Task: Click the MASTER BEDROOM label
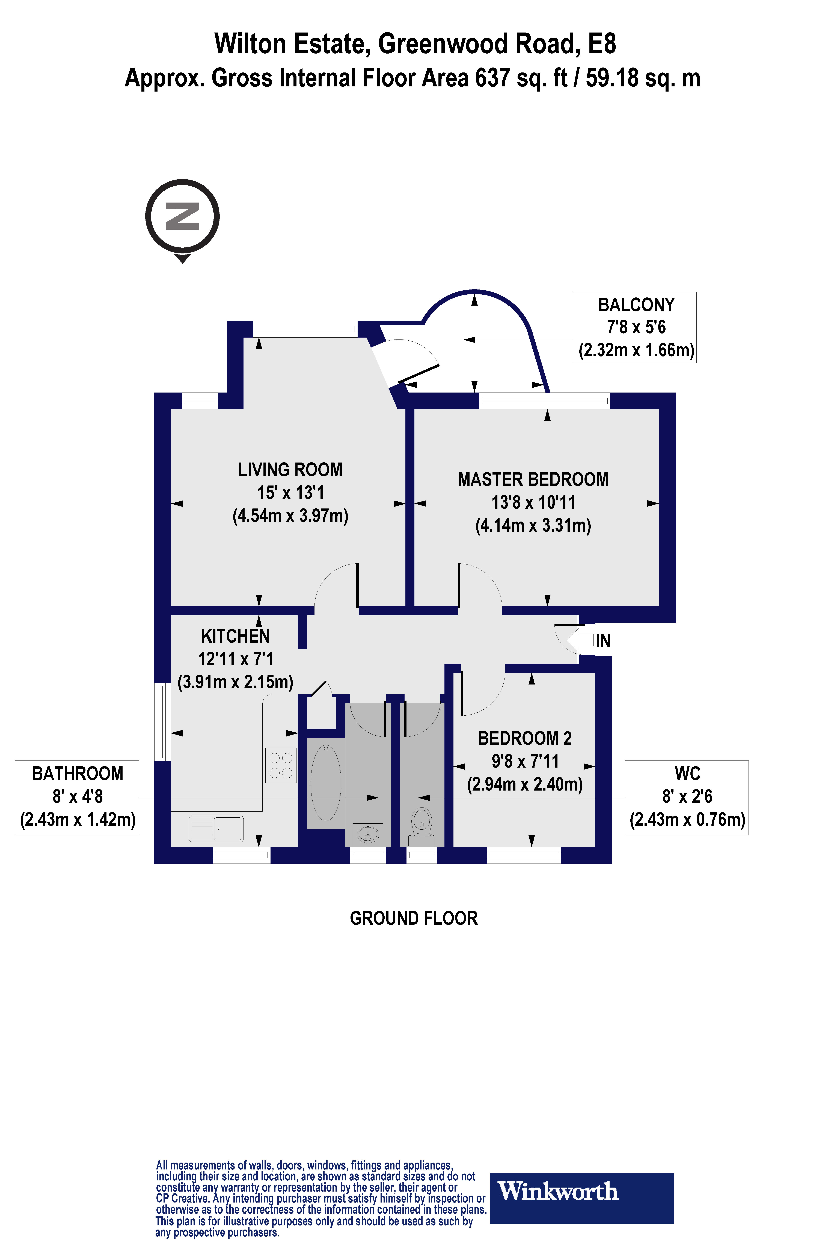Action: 533,480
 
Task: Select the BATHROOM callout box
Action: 77,797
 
